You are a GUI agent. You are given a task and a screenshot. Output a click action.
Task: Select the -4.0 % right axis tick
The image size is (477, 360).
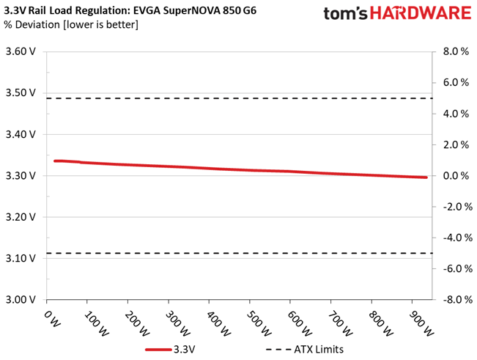454,238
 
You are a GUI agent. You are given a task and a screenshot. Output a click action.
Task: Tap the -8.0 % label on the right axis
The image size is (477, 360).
454,300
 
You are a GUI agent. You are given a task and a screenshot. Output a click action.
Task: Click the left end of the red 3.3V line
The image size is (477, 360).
56,161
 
